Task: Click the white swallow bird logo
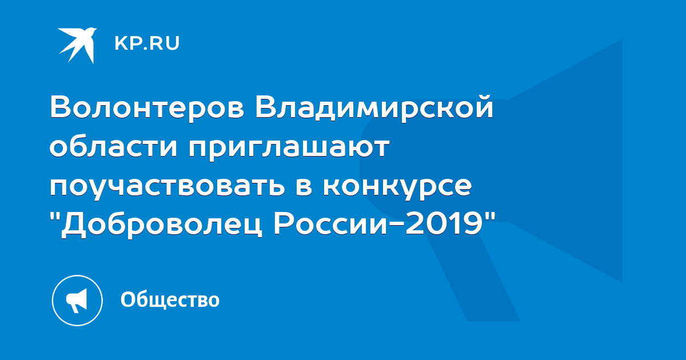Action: tap(78, 45)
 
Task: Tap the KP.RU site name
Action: tap(147, 43)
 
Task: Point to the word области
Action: tap(113, 146)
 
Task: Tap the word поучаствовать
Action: tap(167, 186)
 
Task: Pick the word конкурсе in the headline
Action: tap(397, 186)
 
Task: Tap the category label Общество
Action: tap(170, 300)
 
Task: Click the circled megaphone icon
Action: tap(77, 301)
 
